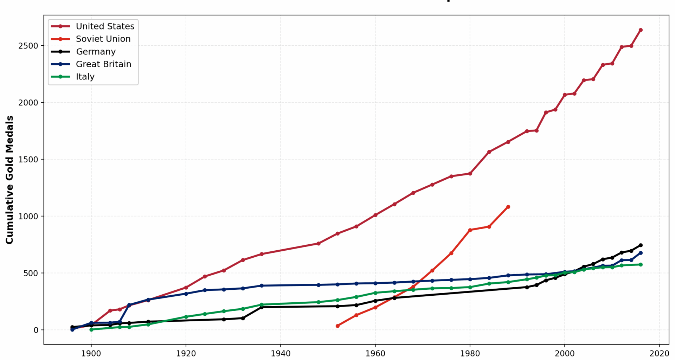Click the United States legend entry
[x=105, y=26]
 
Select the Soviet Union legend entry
[x=103, y=39]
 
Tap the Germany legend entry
[x=96, y=52]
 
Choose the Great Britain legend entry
[x=103, y=64]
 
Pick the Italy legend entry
[x=85, y=77]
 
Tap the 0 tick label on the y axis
[x=36, y=330]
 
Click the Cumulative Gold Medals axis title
[x=9, y=180]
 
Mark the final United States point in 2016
[x=641, y=30]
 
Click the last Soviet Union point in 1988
[x=508, y=207]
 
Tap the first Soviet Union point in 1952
[x=337, y=326]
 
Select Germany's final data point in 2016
[x=641, y=245]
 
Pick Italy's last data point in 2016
[x=641, y=265]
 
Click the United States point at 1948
[x=319, y=243]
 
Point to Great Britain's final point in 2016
[x=641, y=253]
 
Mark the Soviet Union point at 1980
[x=470, y=230]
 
